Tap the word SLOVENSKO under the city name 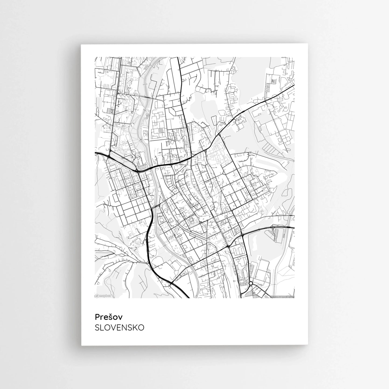click(119, 328)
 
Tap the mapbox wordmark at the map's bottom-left click(105, 296)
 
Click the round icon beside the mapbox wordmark click(97, 296)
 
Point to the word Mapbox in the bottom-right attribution click(275, 297)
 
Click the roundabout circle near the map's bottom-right click(251, 283)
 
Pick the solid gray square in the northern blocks click(161, 131)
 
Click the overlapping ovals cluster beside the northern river click(147, 116)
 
